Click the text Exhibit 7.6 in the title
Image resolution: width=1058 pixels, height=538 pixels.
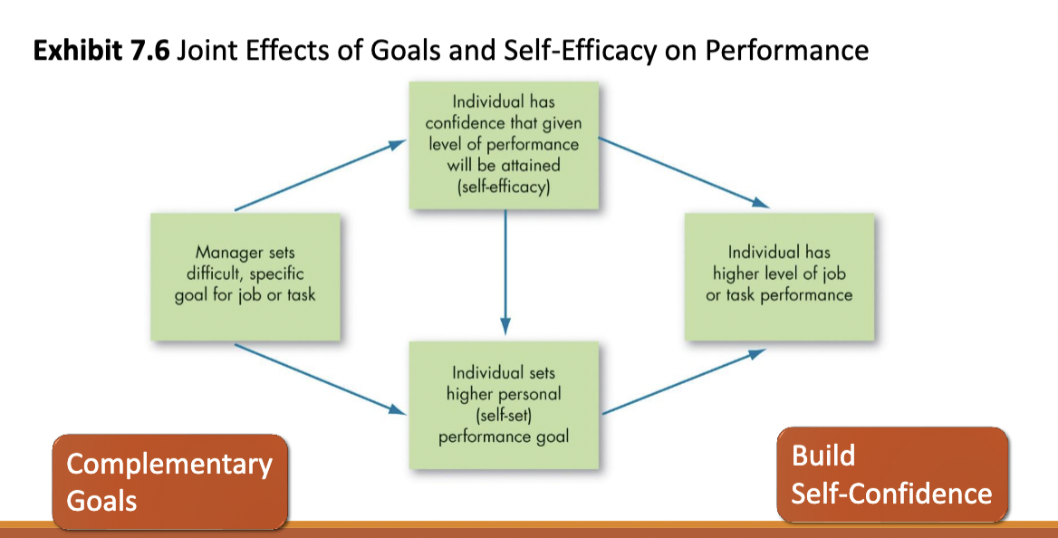101,51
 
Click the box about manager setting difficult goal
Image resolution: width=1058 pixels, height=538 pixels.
245,277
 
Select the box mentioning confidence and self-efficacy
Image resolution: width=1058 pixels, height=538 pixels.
504,145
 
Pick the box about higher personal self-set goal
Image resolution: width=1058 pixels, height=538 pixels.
504,405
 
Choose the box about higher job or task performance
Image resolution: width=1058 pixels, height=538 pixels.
779,277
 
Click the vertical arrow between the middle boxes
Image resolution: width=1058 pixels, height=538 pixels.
505,272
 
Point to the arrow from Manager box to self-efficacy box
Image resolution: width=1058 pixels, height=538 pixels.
321,176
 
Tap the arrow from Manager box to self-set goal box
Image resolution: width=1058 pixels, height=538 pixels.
321,379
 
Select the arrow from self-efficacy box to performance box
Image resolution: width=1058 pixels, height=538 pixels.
684,173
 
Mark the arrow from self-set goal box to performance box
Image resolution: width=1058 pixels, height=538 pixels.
684,381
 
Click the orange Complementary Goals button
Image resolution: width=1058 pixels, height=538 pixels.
170,482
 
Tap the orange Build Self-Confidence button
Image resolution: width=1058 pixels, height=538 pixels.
892,475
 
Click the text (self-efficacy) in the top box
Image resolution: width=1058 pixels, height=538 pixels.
504,187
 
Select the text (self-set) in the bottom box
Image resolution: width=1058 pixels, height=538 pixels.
504,415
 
